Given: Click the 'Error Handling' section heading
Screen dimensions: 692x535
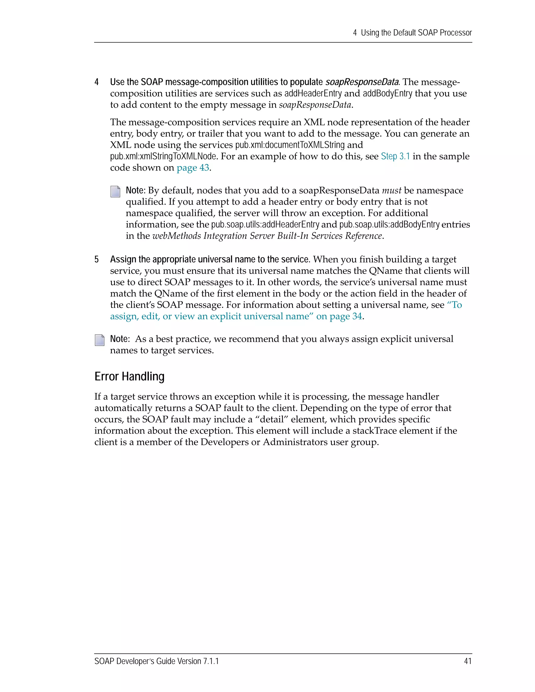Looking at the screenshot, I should tap(129, 376).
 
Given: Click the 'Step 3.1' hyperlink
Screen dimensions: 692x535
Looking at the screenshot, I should tap(395, 156).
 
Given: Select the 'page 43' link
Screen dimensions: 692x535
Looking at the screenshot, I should tap(193, 168).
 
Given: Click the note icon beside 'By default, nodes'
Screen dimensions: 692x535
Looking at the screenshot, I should tap(115, 191).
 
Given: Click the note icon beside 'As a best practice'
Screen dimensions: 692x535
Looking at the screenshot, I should tap(100, 340).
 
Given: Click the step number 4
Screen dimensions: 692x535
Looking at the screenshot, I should tap(97, 82).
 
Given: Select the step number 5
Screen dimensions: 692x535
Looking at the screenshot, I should tap(97, 260).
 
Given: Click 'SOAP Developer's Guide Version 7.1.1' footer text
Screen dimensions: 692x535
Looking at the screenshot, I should tap(156, 661).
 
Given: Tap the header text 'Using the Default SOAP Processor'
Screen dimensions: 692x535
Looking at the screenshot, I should tap(416, 33).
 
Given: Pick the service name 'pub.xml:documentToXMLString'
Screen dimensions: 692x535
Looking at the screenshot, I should tap(290, 145).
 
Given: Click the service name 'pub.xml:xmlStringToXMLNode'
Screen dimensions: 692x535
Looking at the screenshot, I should tap(163, 156).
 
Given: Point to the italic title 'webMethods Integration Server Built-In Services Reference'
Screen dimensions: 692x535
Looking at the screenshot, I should tap(267, 236).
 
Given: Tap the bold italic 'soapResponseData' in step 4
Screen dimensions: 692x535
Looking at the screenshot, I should tap(362, 82).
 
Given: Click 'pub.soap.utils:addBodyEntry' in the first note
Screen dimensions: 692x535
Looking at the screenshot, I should tap(389, 224).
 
